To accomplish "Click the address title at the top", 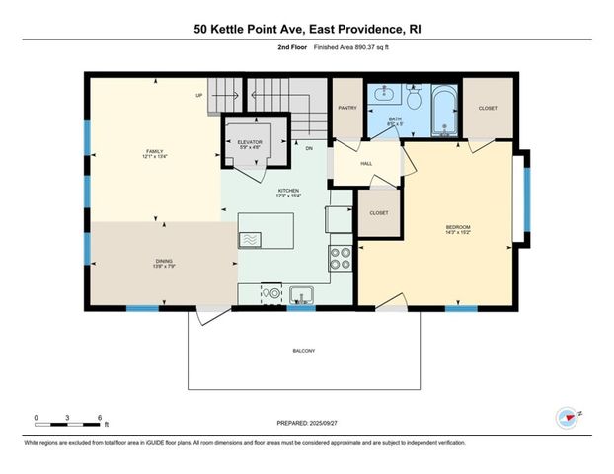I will (307, 30).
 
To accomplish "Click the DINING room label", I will (150, 262).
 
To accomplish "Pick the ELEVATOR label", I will (250, 144).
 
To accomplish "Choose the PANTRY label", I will (346, 108).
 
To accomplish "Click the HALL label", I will (365, 164).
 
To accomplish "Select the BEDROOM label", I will (457, 229).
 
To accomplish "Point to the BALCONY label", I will (304, 351).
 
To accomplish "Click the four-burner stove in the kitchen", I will (340, 258).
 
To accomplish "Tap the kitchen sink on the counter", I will (301, 293).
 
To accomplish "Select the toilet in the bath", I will (415, 98).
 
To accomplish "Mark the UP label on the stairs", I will (199, 96).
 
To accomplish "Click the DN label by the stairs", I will (308, 148).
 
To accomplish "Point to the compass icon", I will (567, 418).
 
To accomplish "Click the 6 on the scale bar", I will (100, 418).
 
